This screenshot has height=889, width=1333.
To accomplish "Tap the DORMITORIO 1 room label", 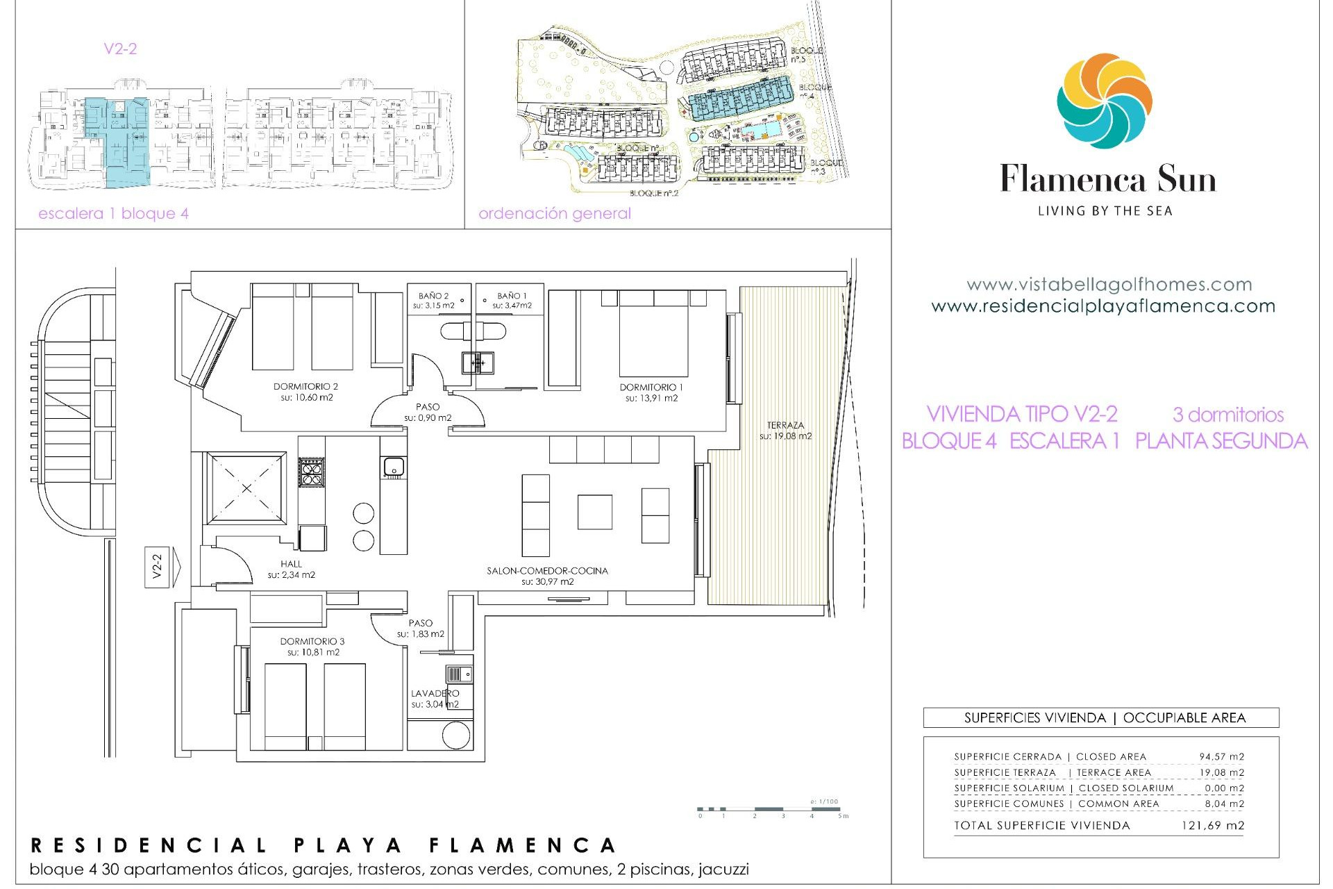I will coord(651,388).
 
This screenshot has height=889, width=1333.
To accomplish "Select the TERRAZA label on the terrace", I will coord(785,425).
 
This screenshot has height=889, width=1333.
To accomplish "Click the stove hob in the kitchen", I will coord(311,472).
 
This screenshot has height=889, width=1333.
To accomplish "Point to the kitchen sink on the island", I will coord(394,467).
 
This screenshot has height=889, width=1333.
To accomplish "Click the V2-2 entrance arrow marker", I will coord(162,567).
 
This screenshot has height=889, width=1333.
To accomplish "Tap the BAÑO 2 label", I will coord(433,296).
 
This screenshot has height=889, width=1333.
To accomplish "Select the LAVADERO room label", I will coord(435,693).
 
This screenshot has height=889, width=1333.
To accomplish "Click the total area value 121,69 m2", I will coord(1212,826).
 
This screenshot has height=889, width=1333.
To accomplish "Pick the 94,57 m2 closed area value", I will coord(1221,757).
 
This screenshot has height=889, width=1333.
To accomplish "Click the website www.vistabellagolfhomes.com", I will coord(1109,285).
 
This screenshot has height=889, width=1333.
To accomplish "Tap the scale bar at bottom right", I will coord(771,810).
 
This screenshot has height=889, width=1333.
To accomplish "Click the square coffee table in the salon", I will coord(594,512).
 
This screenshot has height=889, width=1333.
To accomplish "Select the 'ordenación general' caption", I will coord(554,214).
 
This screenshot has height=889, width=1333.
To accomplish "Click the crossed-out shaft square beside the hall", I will coord(246,488).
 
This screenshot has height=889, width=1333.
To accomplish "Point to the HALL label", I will coord(291,564).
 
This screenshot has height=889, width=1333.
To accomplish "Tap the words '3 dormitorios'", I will coord(1227,415).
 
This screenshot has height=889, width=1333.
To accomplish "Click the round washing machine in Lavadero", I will coord(455,736).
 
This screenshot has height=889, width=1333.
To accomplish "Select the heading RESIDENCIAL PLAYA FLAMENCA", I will coord(324,845).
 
